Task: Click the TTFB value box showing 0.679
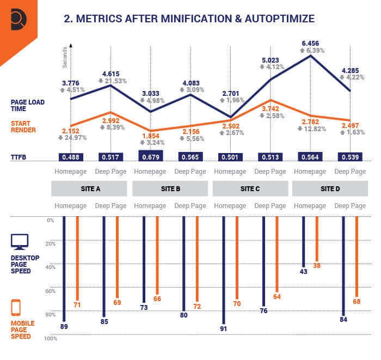(x=151, y=157)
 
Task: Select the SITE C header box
(x=250, y=188)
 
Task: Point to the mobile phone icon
(x=16, y=308)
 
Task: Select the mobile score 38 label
(x=317, y=265)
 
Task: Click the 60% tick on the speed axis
(x=50, y=291)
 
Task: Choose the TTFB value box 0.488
(x=71, y=157)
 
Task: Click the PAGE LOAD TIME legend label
(x=28, y=105)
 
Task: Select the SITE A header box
(x=90, y=188)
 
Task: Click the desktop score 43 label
(x=304, y=271)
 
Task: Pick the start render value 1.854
(x=150, y=135)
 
